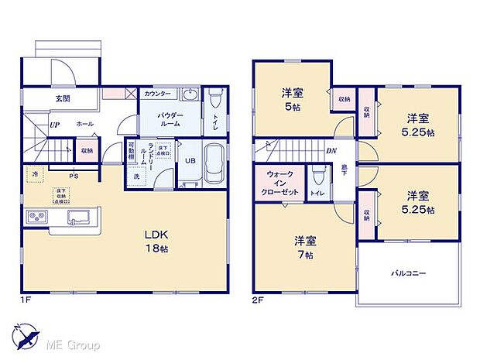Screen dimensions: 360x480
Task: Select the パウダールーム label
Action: click(x=170, y=119)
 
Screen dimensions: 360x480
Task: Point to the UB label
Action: click(x=190, y=161)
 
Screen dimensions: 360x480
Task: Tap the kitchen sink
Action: click(x=78, y=216)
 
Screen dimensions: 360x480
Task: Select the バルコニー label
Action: click(x=407, y=273)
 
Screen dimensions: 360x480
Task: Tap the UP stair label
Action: click(x=55, y=124)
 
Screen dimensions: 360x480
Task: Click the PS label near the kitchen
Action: click(x=74, y=176)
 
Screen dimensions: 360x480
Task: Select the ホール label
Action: click(x=85, y=124)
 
